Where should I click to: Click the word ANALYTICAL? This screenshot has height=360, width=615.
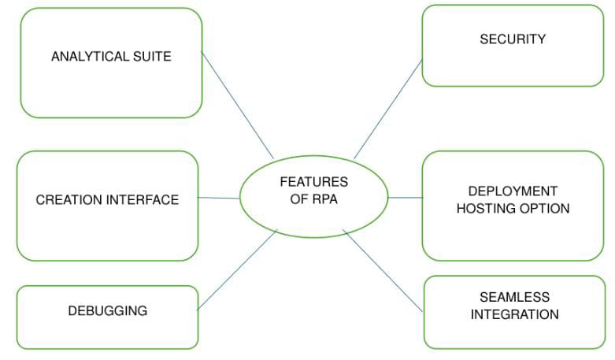click(x=87, y=57)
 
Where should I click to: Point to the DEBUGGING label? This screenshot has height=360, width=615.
click(x=107, y=310)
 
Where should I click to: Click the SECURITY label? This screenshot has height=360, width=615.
click(x=513, y=39)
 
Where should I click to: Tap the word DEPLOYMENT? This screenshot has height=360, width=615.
click(x=513, y=191)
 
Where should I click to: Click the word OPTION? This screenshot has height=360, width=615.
click(x=545, y=209)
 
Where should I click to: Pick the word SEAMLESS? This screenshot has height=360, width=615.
click(x=514, y=298)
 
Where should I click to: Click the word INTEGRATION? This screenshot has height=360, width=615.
click(x=514, y=314)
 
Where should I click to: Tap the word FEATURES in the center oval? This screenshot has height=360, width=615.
click(x=313, y=182)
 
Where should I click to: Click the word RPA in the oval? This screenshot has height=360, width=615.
click(x=324, y=199)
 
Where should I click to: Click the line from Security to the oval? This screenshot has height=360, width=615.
click(x=389, y=108)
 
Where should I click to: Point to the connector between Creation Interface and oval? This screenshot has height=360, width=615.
click(x=219, y=198)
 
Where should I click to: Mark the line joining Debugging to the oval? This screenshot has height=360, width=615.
click(x=237, y=269)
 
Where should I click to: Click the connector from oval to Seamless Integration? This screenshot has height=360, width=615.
click(x=383, y=270)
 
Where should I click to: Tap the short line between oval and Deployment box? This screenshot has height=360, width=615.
click(x=406, y=198)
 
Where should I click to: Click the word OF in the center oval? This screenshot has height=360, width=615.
click(x=298, y=199)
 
